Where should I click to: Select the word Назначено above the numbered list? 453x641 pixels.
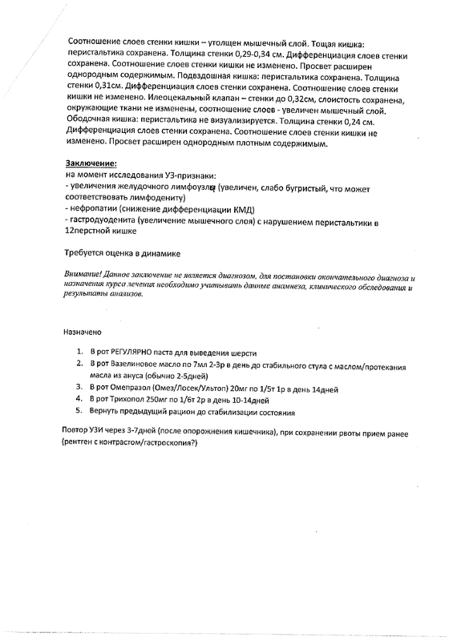pyautogui.click(x=83, y=329)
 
